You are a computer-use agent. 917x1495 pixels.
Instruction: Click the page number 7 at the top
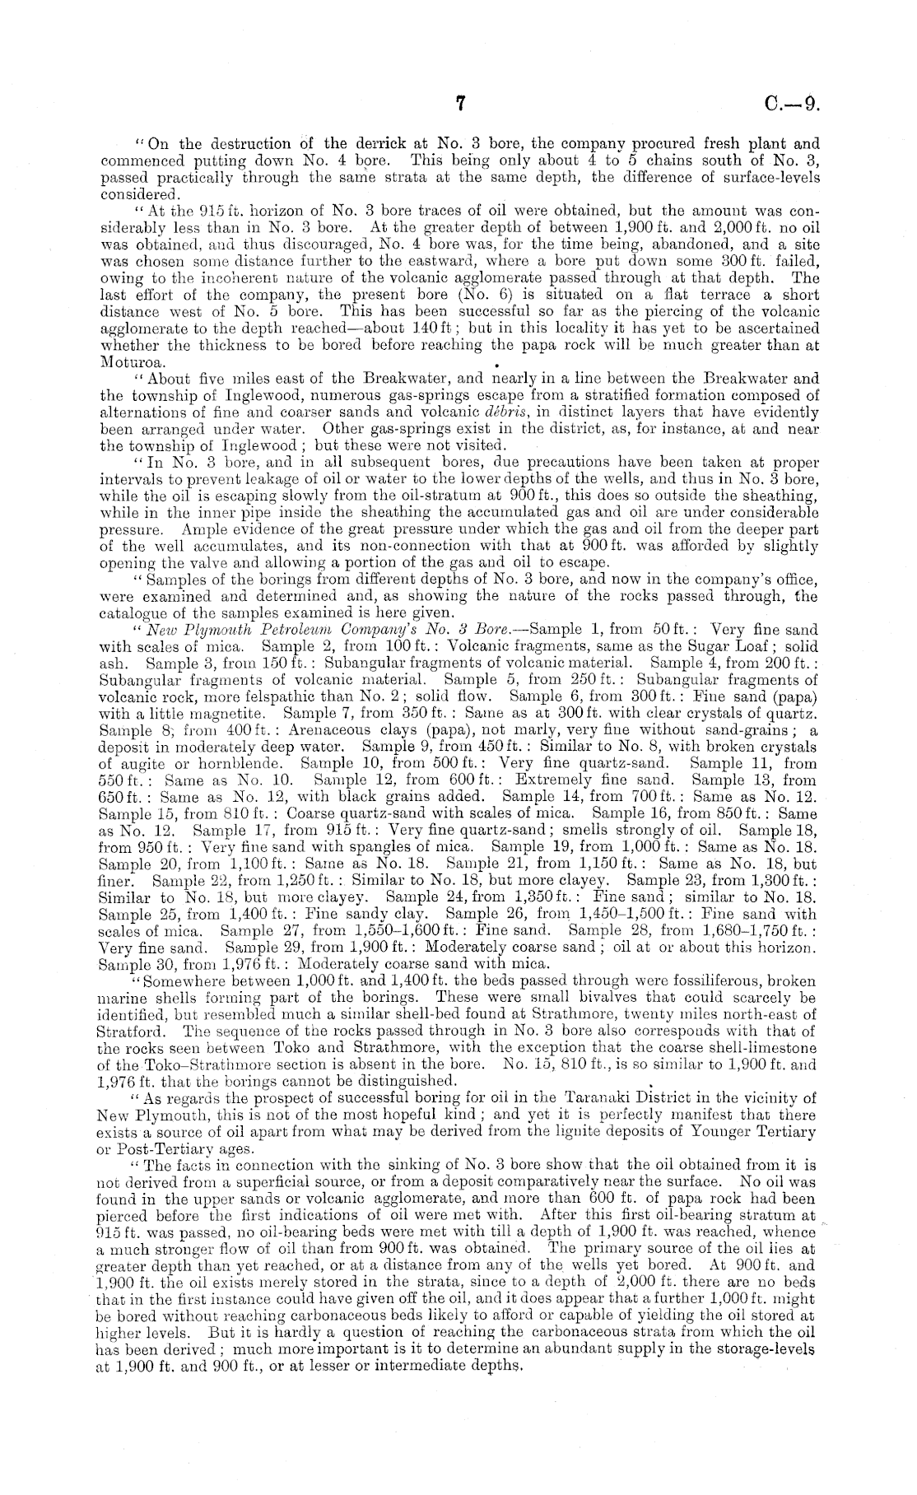tap(460, 103)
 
